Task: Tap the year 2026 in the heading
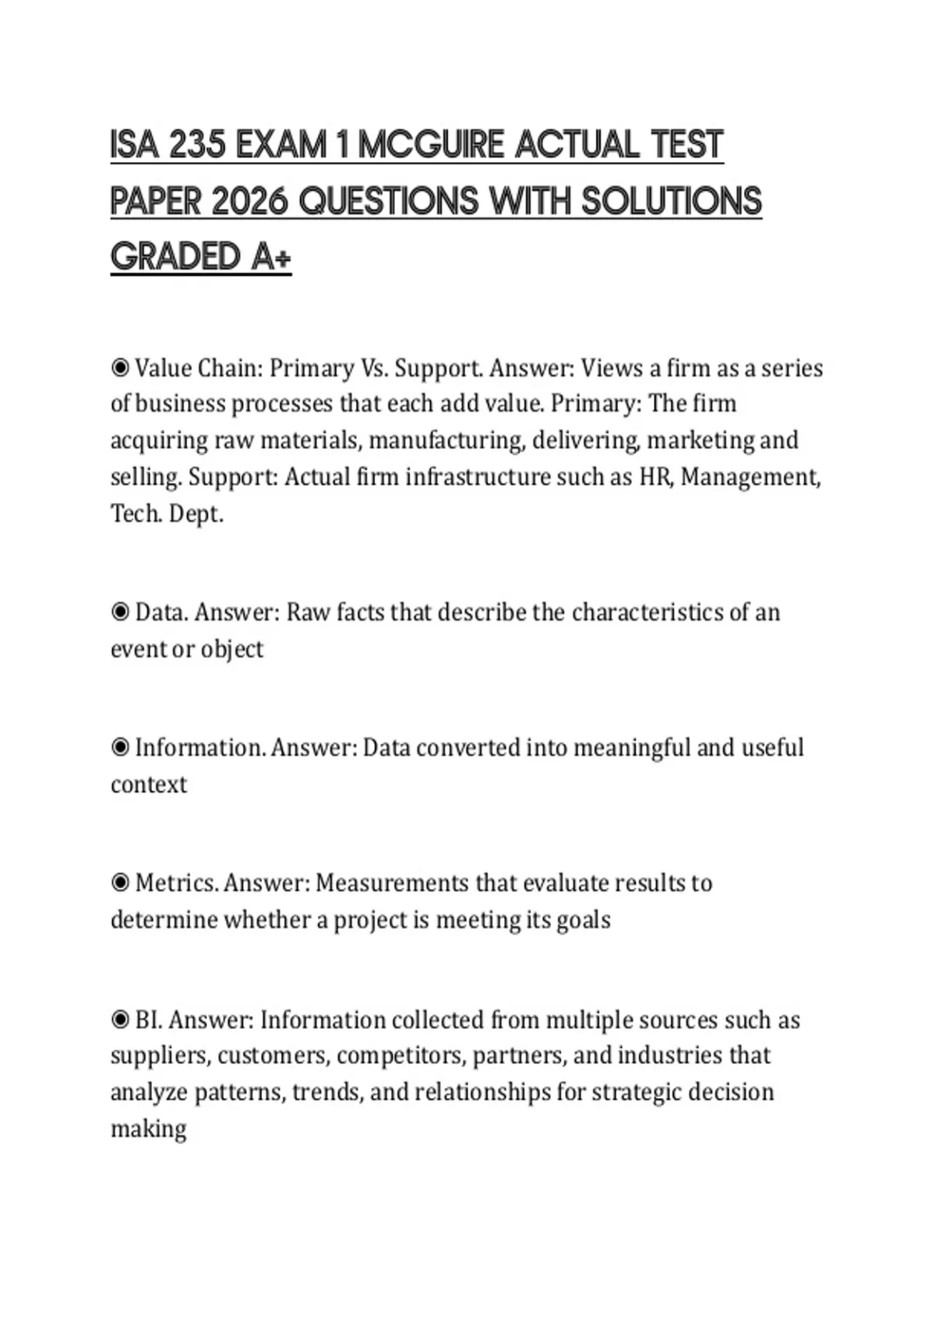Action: (x=249, y=202)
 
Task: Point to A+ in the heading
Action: (x=271, y=258)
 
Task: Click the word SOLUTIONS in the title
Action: (x=671, y=202)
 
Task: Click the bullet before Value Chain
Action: (x=120, y=367)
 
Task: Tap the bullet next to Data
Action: (x=120, y=612)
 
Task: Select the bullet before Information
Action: (x=120, y=748)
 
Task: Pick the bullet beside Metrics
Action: (x=120, y=883)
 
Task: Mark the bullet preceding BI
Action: (x=120, y=1019)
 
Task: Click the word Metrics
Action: (x=176, y=883)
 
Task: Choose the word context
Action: (x=149, y=784)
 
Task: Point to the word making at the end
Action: (x=149, y=1129)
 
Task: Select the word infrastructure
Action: (x=478, y=477)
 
